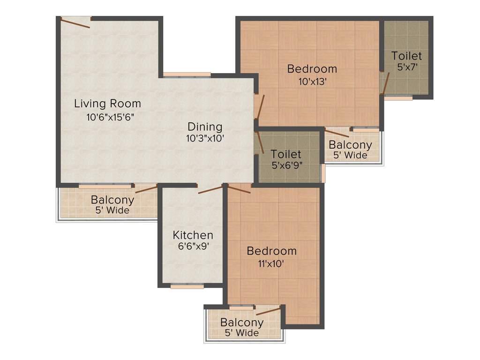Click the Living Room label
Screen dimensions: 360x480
click(107, 104)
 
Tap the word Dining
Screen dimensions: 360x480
click(205, 127)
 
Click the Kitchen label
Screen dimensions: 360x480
click(193, 235)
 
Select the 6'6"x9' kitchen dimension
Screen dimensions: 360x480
click(193, 247)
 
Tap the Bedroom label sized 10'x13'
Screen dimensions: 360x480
click(312, 69)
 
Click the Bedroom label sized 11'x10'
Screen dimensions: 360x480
click(271, 251)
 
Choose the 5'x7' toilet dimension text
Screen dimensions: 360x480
click(407, 67)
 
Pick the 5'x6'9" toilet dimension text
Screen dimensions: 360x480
click(286, 165)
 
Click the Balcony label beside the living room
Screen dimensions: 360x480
click(112, 200)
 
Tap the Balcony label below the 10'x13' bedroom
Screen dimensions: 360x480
click(350, 145)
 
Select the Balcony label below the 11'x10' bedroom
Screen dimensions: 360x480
click(241, 322)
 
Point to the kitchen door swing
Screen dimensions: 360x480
click(210, 189)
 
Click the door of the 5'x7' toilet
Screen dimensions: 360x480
click(385, 83)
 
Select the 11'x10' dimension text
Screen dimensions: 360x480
click(271, 263)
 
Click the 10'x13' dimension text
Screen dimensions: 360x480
click(312, 81)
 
